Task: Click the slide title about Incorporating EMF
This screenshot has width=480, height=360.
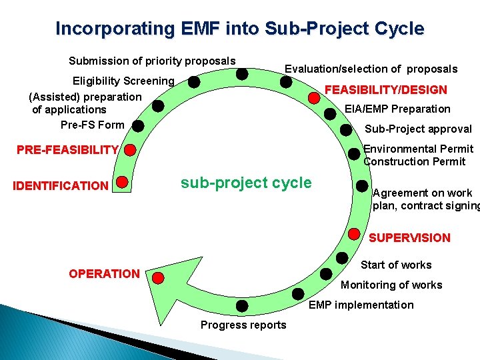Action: tap(239, 29)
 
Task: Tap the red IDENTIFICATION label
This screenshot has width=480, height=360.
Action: tap(61, 185)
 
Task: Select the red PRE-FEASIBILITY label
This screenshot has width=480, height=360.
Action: tap(67, 150)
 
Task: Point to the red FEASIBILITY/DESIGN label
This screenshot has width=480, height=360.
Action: tap(385, 90)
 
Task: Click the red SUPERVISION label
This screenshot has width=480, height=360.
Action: tap(409, 237)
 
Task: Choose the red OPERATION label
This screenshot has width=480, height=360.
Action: tap(105, 274)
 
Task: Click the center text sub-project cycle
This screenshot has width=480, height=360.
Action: tap(246, 183)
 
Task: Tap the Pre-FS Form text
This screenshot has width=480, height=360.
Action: tap(92, 125)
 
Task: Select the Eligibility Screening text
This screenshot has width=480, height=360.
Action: tap(123, 81)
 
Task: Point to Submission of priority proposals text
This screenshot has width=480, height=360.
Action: tap(152, 61)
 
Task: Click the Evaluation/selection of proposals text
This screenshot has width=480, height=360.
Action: tap(371, 69)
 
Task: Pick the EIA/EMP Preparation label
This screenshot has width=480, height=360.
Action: tap(397, 109)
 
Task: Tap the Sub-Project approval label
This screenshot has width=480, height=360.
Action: tap(417, 129)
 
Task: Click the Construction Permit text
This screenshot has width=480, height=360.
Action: tap(414, 162)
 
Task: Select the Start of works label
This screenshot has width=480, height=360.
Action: tap(396, 265)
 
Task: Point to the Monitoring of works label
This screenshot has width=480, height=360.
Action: tap(391, 285)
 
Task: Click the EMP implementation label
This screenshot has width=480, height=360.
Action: tap(361, 305)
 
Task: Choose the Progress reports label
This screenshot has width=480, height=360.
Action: tap(243, 325)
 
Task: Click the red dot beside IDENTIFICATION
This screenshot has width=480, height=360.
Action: tap(122, 181)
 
